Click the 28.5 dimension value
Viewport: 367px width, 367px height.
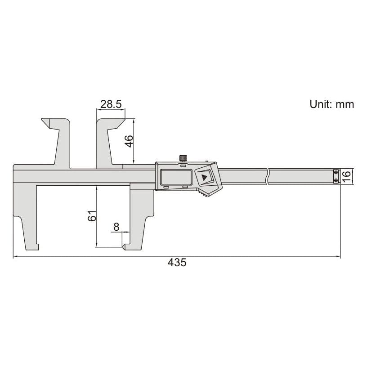coord(111,104)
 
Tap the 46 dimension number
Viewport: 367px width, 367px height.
coord(129,141)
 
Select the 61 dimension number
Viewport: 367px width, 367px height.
coord(92,215)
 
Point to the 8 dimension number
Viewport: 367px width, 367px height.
coord(116,227)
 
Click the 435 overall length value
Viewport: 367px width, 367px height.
coord(177,262)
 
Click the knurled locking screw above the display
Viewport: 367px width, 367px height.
coord(183,158)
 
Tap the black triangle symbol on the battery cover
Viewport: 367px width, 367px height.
coord(205,178)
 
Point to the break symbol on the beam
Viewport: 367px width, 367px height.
coord(268,175)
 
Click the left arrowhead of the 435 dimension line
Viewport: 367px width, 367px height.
coord(16,257)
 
